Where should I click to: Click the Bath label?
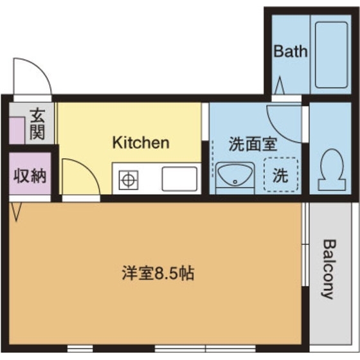tap(291, 51)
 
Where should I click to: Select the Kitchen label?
tap(141, 142)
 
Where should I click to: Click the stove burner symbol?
tap(128, 179)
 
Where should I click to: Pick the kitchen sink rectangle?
tap(178, 178)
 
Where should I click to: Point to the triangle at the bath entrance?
tap(280, 85)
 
